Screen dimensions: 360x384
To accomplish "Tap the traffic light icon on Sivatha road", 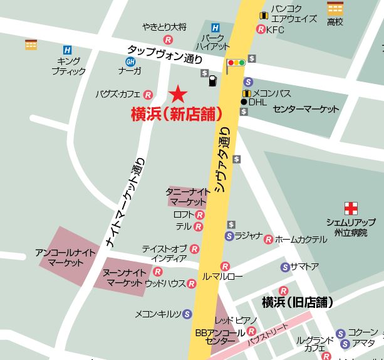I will [236, 63].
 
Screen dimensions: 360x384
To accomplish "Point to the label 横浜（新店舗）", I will [177, 114].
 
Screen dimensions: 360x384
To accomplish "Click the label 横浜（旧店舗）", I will [297, 302].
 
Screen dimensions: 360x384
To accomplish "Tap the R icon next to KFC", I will [261, 29].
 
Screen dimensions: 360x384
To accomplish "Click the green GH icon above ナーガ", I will [130, 61].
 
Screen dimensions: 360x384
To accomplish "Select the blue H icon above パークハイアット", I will [215, 28].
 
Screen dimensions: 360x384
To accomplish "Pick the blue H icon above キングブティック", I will [67, 50].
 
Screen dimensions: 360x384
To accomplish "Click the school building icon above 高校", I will [336, 8].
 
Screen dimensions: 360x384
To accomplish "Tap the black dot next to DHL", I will [244, 101].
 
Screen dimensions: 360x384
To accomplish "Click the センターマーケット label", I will [306, 109].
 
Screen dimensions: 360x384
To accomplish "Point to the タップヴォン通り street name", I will [165, 55].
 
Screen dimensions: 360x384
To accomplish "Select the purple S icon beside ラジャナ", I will [229, 236].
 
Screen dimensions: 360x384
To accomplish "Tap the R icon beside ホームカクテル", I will [268, 239].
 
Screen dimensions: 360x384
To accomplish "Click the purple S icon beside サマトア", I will [285, 267].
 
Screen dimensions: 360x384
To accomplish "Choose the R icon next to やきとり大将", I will [167, 39].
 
